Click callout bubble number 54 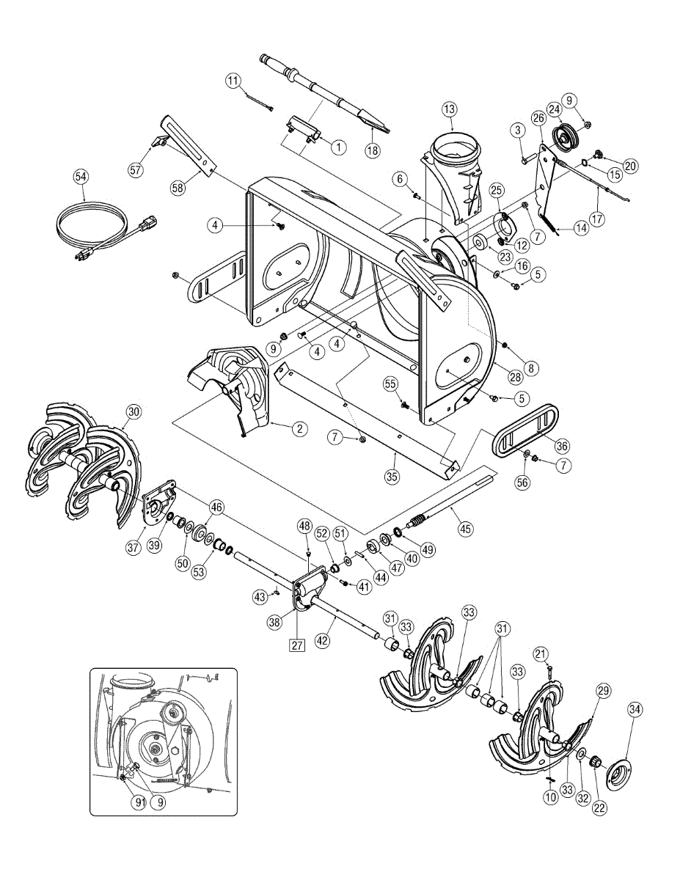tap(81, 177)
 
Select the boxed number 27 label tap(296, 645)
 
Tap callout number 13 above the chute tap(449, 109)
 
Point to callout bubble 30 tap(132, 411)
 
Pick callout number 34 tap(635, 709)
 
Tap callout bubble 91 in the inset tap(139, 802)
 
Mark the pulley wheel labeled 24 tap(564, 136)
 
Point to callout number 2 tap(299, 430)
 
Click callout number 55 tap(390, 384)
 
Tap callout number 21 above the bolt tap(540, 653)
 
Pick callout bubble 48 tap(304, 526)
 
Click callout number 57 tap(136, 170)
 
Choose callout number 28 tap(515, 377)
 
